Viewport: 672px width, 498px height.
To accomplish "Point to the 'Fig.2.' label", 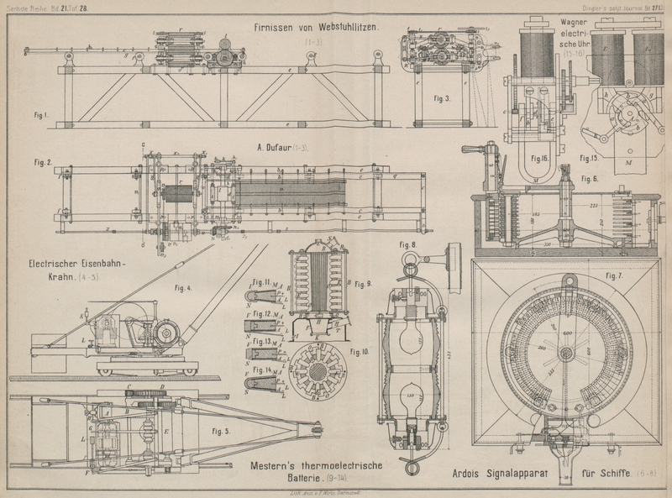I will (44, 160).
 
